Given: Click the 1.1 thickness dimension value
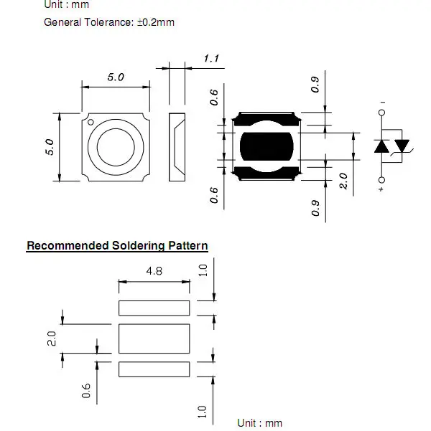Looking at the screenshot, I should tap(211, 58).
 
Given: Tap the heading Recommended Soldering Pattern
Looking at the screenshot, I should tap(117, 246).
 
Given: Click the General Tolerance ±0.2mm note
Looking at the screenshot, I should tap(109, 22).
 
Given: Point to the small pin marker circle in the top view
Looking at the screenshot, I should tap(91, 123).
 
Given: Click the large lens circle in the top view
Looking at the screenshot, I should tap(116, 147).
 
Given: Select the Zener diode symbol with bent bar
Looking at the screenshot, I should tap(402, 146).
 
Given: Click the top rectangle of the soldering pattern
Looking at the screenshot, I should tap(154, 308).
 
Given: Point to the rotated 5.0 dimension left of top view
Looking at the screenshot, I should tap(50, 148).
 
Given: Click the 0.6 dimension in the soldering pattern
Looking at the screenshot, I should tap(86, 391).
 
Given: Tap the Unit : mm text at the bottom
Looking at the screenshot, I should tap(260, 423).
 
